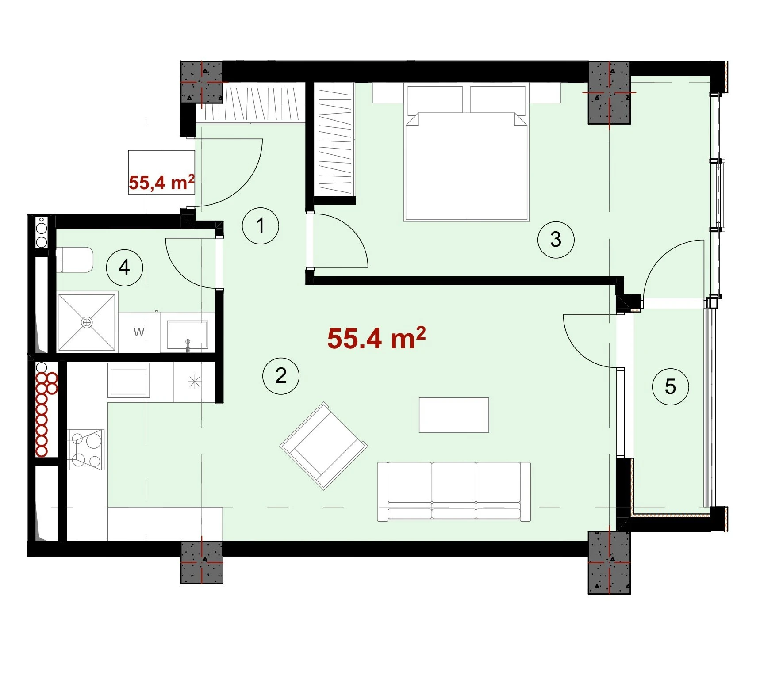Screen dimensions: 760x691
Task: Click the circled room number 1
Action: pyautogui.click(x=261, y=226)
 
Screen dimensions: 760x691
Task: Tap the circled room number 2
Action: pyautogui.click(x=281, y=376)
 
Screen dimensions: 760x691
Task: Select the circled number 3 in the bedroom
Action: pyautogui.click(x=556, y=240)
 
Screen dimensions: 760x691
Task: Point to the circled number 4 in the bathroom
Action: pyautogui.click(x=124, y=267)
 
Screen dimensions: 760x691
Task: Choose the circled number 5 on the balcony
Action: pyautogui.click(x=670, y=387)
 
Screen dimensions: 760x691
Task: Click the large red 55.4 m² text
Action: pyautogui.click(x=376, y=338)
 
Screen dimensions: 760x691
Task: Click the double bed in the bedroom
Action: pyautogui.click(x=466, y=152)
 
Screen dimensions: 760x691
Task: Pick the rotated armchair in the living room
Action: pyautogui.click(x=324, y=446)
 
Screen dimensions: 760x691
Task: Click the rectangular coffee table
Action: pyautogui.click(x=454, y=415)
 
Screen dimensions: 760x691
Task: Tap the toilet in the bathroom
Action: pyautogui.click(x=75, y=260)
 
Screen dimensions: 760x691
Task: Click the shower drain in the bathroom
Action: pyautogui.click(x=87, y=322)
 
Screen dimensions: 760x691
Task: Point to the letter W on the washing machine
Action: pyautogui.click(x=138, y=332)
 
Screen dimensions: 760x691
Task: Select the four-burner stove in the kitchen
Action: pyautogui.click(x=86, y=450)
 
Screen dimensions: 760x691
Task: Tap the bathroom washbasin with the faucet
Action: pyautogui.click(x=188, y=336)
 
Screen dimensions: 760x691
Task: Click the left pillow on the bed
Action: pyautogui.click(x=435, y=100)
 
